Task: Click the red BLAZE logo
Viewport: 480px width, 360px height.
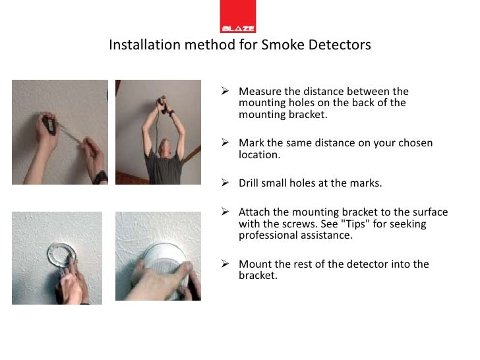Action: click(x=238, y=16)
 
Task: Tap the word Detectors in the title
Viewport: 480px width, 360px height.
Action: click(x=340, y=45)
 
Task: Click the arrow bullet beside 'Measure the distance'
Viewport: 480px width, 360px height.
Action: click(x=225, y=90)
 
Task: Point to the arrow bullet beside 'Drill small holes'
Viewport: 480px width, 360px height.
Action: click(x=225, y=183)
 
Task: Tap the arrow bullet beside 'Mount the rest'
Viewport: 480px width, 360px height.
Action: click(x=225, y=264)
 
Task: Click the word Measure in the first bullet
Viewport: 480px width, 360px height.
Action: click(x=260, y=91)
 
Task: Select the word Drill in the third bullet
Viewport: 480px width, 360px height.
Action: click(x=249, y=183)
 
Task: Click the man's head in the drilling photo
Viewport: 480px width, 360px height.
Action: click(x=164, y=147)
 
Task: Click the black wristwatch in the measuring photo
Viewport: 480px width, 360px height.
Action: click(x=100, y=177)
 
